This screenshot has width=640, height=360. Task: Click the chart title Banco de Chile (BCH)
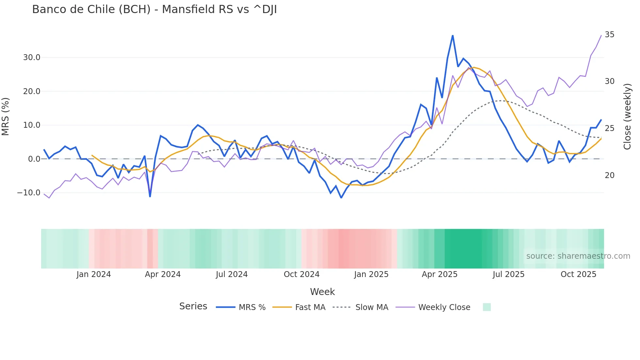154,9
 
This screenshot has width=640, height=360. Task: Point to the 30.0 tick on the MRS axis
32,57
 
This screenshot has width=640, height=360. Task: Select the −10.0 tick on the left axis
29,193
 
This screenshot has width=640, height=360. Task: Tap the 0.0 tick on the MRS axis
34,159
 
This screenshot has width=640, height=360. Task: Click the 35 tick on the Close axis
609,35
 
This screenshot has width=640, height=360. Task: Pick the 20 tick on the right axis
609,175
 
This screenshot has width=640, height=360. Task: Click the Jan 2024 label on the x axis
94,274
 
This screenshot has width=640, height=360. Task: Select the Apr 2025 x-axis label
440,274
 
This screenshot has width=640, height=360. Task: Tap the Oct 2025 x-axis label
578,274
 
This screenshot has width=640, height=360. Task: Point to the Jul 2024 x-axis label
232,274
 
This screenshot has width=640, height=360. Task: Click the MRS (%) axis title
6,117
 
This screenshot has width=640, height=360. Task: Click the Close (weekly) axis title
627,117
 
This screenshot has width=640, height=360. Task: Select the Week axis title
322,292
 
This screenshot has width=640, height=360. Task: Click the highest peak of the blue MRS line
453,35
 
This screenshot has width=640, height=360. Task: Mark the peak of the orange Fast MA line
474,67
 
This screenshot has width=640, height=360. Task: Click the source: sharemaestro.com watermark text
578,256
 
